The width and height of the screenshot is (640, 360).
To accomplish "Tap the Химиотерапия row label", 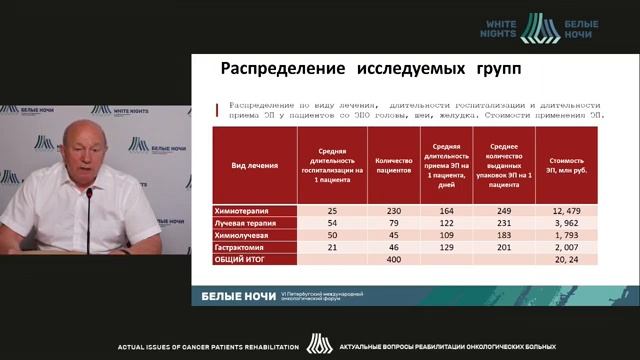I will (x=244, y=211).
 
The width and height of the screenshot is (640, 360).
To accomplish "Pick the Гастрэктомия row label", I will (x=243, y=246).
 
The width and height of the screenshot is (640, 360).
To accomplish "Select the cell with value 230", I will (x=393, y=211).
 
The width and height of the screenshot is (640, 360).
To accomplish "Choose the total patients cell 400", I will (x=393, y=258).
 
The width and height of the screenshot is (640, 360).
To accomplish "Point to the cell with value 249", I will (x=503, y=211).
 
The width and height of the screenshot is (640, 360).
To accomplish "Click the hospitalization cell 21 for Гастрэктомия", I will (x=332, y=246).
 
